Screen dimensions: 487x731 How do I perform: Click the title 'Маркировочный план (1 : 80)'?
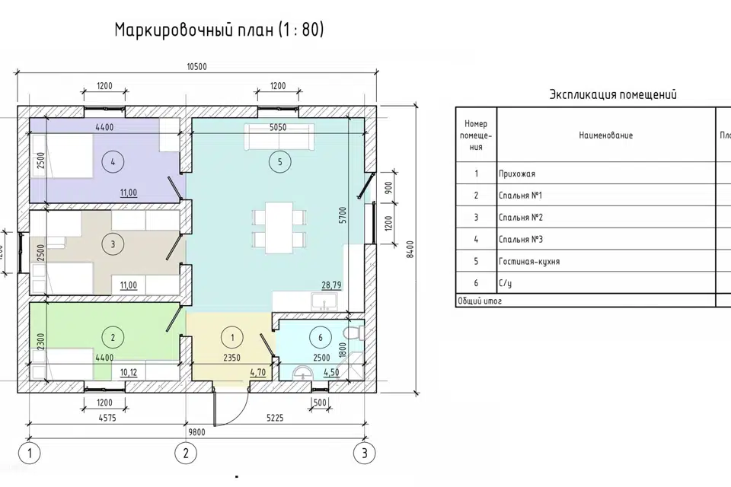point(219,30)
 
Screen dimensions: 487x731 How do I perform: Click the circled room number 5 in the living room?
point(279,161)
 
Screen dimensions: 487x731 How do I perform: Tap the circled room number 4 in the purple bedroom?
point(113,161)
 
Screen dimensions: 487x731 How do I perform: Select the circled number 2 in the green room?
point(113,337)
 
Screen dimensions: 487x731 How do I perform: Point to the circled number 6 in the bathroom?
point(320,337)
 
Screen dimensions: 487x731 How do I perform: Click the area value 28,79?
point(330,285)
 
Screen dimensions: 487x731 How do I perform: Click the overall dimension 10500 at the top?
point(196,66)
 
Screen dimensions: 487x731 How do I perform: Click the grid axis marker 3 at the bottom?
point(364,454)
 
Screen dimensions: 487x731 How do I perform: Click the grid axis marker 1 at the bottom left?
point(29,454)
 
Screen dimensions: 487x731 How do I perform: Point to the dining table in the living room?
point(279,226)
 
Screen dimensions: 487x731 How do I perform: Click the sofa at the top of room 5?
point(277,138)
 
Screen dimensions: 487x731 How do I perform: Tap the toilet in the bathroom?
point(352,333)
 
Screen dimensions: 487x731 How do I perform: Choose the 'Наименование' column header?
point(605,135)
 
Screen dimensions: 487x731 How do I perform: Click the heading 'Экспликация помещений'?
point(612,94)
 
